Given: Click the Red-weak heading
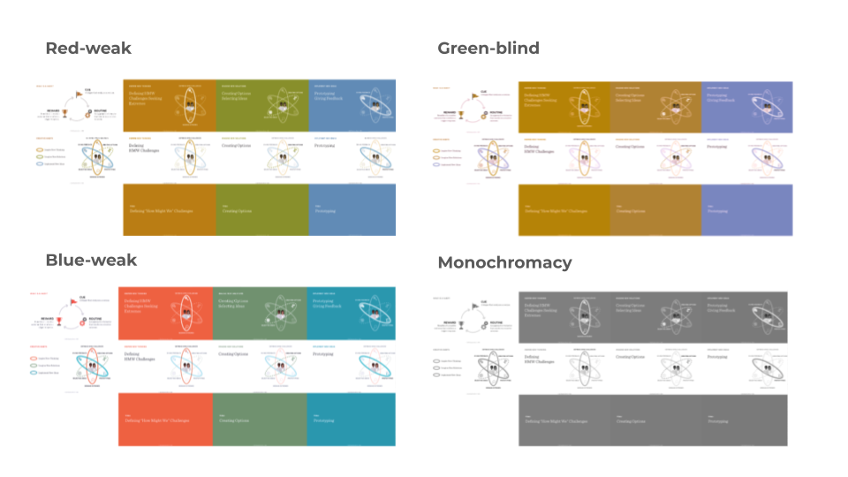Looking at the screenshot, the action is point(88,48).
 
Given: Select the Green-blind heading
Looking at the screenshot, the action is point(488,48).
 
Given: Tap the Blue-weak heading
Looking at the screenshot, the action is point(91,260).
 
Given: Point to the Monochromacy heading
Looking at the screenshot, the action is point(504,262).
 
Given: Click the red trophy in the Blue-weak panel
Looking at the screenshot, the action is point(60,323).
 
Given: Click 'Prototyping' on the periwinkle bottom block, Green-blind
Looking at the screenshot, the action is point(723,211).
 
